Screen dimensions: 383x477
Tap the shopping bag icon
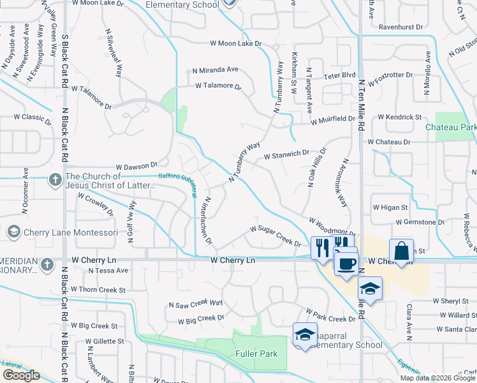coord(402,250)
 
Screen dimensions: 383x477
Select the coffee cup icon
coord(346,263)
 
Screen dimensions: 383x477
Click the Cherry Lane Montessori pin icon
coord(12,232)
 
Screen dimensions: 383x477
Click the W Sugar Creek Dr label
coord(275,236)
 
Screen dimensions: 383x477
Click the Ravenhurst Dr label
coord(400,27)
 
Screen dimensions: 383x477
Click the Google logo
coord(21,375)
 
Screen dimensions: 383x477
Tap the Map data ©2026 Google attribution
coord(437,378)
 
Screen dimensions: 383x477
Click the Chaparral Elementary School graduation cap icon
coord(305,334)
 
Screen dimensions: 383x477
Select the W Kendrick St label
coord(400,117)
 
